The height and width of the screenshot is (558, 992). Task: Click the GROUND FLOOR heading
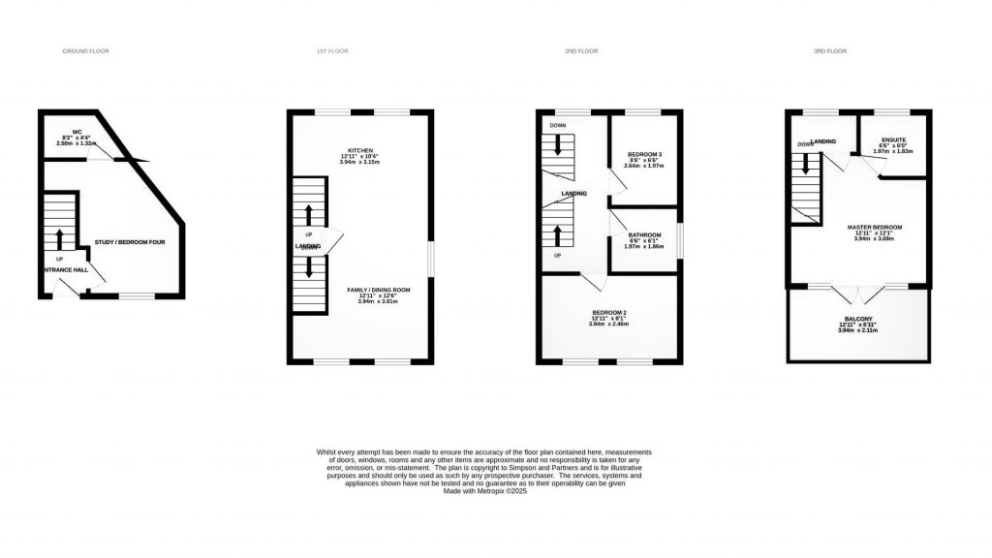coord(81,49)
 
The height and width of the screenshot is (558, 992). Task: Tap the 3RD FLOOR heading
coord(829,49)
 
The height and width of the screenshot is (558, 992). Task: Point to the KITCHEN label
coord(360,150)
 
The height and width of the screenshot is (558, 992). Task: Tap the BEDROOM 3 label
coord(644,155)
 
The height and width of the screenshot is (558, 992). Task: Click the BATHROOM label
coord(643,235)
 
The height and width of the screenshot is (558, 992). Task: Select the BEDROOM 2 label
coord(609,312)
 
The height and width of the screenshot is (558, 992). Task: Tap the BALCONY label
coord(857,319)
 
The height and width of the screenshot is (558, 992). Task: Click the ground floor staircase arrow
coord(60,238)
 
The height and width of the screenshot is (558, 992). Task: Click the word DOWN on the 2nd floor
coord(557,126)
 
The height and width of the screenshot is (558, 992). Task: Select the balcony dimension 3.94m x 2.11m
coord(857,330)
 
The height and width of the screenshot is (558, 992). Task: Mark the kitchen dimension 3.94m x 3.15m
coord(360,162)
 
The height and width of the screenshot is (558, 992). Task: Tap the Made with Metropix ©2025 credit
coord(484,491)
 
